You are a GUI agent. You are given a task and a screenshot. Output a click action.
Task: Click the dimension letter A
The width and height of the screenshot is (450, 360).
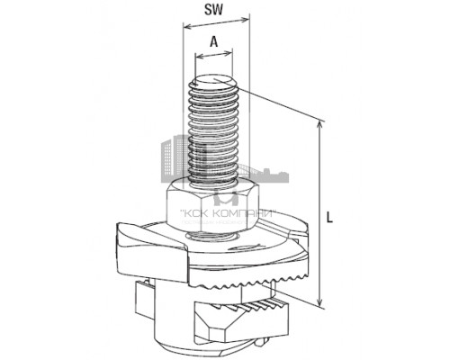213,41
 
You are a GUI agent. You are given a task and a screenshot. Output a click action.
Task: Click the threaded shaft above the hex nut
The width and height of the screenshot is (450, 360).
212,135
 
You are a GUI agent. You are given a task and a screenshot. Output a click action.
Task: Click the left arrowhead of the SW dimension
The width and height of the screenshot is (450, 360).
184,26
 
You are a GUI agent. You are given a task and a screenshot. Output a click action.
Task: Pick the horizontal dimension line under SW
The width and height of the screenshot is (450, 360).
212,26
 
